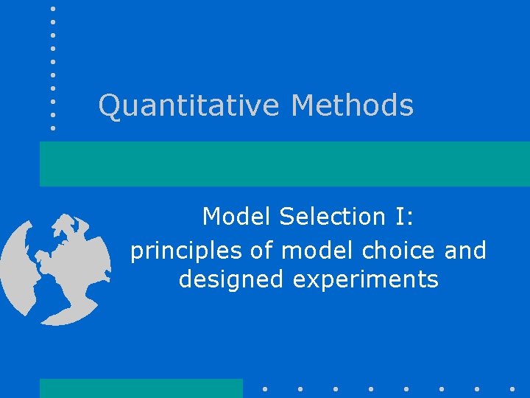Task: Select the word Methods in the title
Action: pyautogui.click(x=352, y=105)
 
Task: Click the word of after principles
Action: pyautogui.click(x=262, y=251)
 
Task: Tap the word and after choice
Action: pyautogui.click(x=465, y=251)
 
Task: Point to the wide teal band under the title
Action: pyautogui.click(x=284, y=164)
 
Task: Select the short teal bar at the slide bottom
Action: pyautogui.click(x=141, y=388)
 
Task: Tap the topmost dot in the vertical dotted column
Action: pyautogui.click(x=53, y=9)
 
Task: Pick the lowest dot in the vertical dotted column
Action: pyautogui.click(x=53, y=128)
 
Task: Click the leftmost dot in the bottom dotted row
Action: pyautogui.click(x=264, y=388)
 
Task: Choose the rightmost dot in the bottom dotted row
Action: pyautogui.click(x=512, y=388)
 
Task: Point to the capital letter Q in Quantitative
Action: pyautogui.click(x=109, y=105)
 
